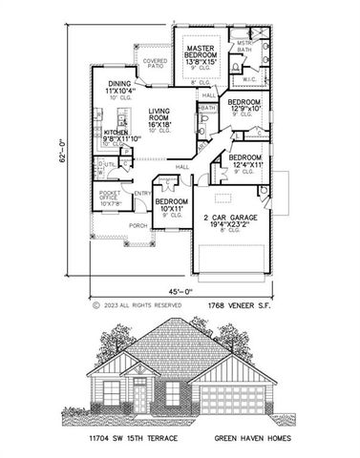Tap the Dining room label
coord(119,85)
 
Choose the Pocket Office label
coord(111,198)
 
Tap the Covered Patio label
coord(155,65)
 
